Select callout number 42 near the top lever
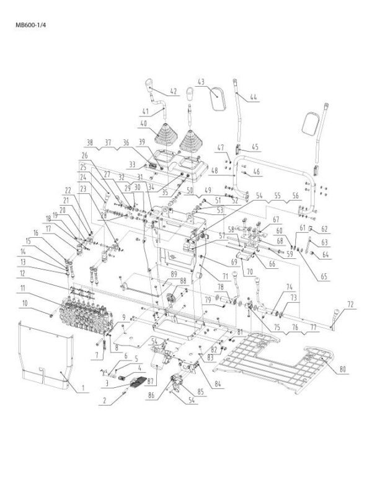tap(173, 92)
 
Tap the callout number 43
tap(201, 82)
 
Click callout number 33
tap(132, 164)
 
